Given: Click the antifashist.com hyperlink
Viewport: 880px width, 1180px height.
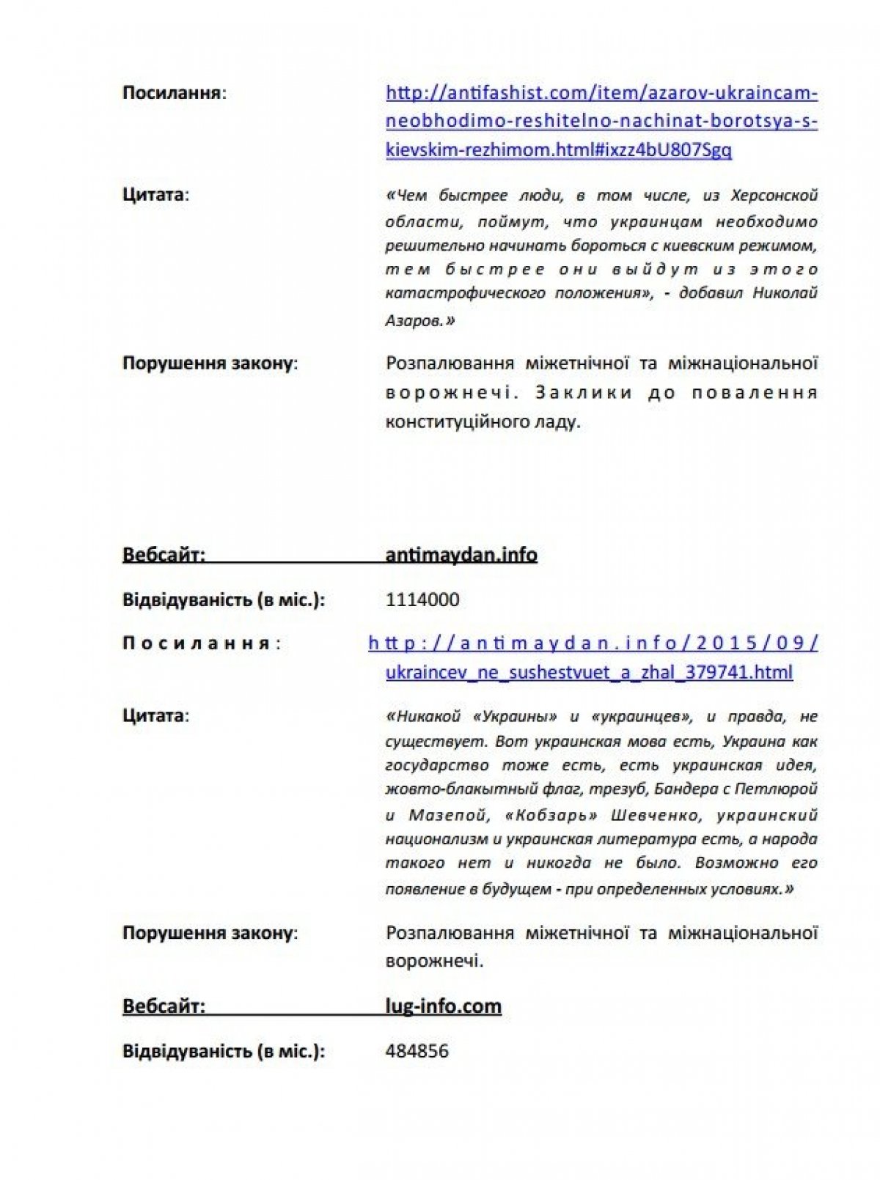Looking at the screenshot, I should point(601,121).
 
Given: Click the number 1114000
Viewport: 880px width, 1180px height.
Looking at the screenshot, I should point(422,600).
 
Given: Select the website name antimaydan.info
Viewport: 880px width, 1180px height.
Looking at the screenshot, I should point(461,555).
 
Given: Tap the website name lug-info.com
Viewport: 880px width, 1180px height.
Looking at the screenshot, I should point(443,1006).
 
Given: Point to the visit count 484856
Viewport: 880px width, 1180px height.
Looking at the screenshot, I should point(417,1051).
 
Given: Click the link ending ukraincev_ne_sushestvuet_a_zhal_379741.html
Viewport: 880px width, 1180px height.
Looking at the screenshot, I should point(589,672).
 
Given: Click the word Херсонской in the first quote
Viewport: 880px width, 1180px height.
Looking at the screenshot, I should point(774,196).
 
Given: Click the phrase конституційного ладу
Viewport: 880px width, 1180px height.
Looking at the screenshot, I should point(483,422).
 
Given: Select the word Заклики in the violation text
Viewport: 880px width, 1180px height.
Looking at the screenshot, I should point(583,393).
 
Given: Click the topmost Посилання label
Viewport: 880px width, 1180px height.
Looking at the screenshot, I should point(173,93).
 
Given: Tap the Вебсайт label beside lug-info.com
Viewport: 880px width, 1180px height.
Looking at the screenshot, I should point(164,1006).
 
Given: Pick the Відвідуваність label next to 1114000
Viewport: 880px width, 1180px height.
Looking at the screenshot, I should point(223,600).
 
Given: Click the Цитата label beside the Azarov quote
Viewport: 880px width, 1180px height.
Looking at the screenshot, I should point(154,195).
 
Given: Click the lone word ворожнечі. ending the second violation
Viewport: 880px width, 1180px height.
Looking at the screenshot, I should point(434,961).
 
